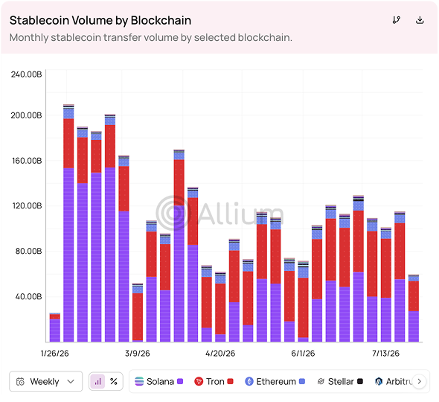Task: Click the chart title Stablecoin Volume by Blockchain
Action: click(x=100, y=20)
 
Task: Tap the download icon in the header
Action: click(x=420, y=20)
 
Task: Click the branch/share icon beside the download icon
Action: click(x=396, y=20)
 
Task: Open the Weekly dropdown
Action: click(x=45, y=381)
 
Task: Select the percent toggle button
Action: click(x=114, y=381)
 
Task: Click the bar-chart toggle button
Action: click(x=97, y=381)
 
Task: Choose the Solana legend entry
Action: click(x=158, y=381)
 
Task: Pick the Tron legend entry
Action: click(x=214, y=381)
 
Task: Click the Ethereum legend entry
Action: click(x=275, y=381)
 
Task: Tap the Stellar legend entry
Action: click(x=340, y=381)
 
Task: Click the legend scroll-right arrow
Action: click(x=419, y=381)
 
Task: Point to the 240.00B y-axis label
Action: click(x=26, y=74)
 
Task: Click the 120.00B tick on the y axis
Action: click(x=27, y=206)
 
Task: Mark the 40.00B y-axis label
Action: click(x=28, y=296)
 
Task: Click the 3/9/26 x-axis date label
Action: click(x=137, y=354)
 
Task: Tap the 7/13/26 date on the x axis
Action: click(x=385, y=354)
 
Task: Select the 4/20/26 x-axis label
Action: click(x=220, y=354)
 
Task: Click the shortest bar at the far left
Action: click(x=55, y=328)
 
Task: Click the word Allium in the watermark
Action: click(x=241, y=214)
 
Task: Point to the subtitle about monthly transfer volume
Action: click(x=150, y=37)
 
